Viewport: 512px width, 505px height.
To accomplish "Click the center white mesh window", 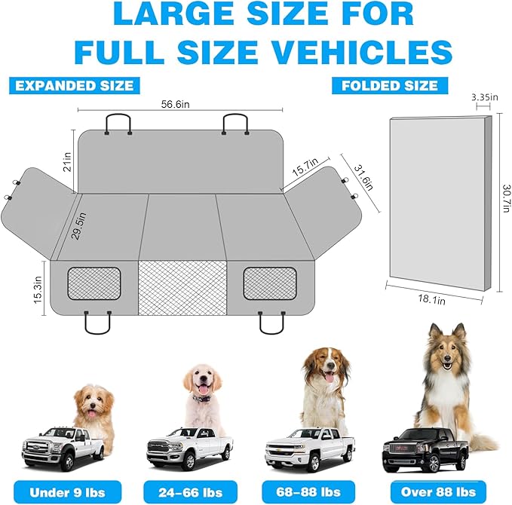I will point(184,289).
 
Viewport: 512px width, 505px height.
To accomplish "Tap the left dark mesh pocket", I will point(94,283).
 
